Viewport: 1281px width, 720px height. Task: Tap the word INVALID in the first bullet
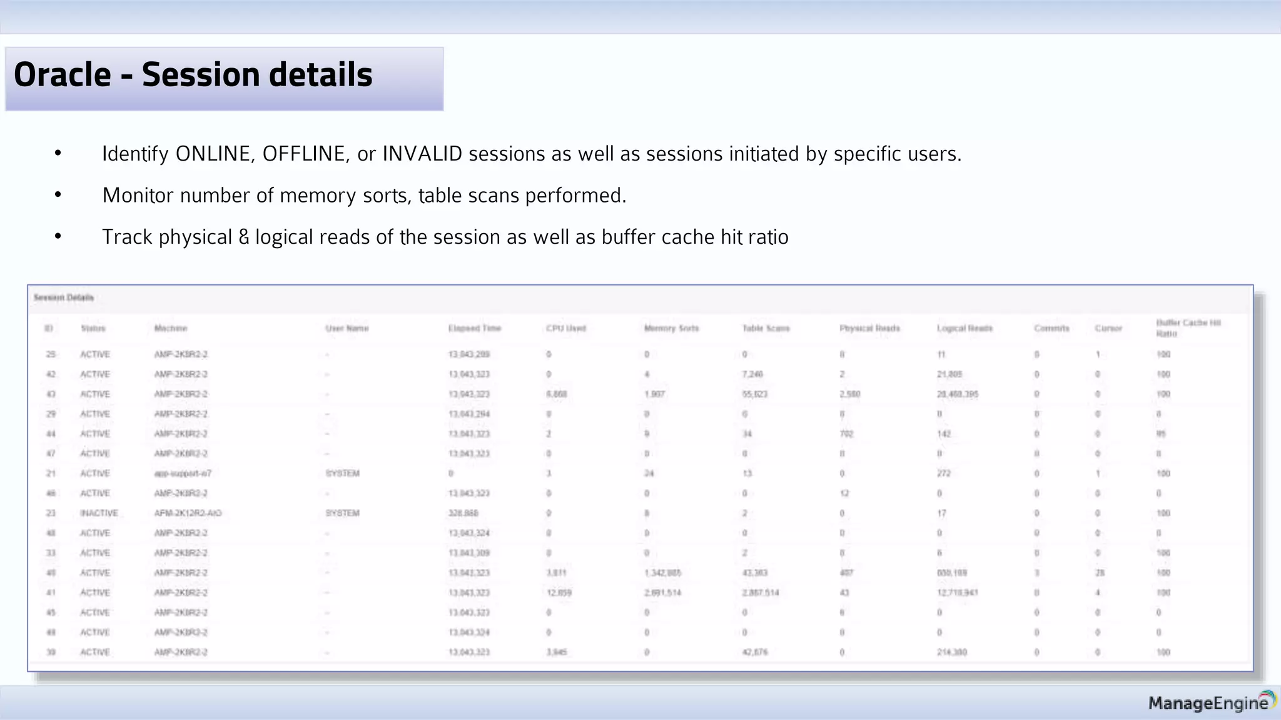[422, 154]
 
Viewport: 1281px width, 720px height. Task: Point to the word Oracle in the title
[63, 75]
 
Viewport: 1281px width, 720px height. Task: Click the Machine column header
[171, 328]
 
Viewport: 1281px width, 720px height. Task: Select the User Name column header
[347, 328]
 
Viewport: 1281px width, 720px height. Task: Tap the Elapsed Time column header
[475, 328]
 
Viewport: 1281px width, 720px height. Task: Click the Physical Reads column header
[869, 328]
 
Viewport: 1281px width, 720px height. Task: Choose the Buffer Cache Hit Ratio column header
[1188, 328]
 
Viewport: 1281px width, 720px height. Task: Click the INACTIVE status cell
[99, 513]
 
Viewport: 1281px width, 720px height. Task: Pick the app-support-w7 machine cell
[183, 473]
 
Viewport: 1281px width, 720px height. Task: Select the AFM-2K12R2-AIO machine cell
[188, 513]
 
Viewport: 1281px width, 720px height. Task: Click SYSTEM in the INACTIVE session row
[342, 513]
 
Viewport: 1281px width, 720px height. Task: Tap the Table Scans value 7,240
[752, 374]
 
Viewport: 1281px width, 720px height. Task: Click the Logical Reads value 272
[944, 473]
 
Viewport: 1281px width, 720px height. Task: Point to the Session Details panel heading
[64, 297]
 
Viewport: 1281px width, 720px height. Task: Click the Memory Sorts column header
[671, 328]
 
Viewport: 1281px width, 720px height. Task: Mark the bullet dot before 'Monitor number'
[58, 196]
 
